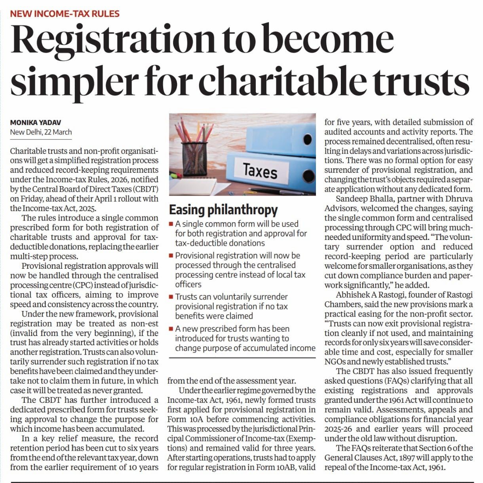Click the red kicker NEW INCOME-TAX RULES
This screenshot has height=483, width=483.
pyautogui.click(x=65, y=14)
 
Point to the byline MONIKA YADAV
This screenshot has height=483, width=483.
pyautogui.click(x=36, y=123)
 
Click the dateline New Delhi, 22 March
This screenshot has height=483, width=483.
pyautogui.click(x=41, y=132)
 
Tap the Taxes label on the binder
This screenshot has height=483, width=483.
pyautogui.click(x=260, y=171)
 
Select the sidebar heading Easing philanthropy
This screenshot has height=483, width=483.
pyautogui.click(x=223, y=209)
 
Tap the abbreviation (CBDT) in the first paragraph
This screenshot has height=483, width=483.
pyautogui.click(x=145, y=189)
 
